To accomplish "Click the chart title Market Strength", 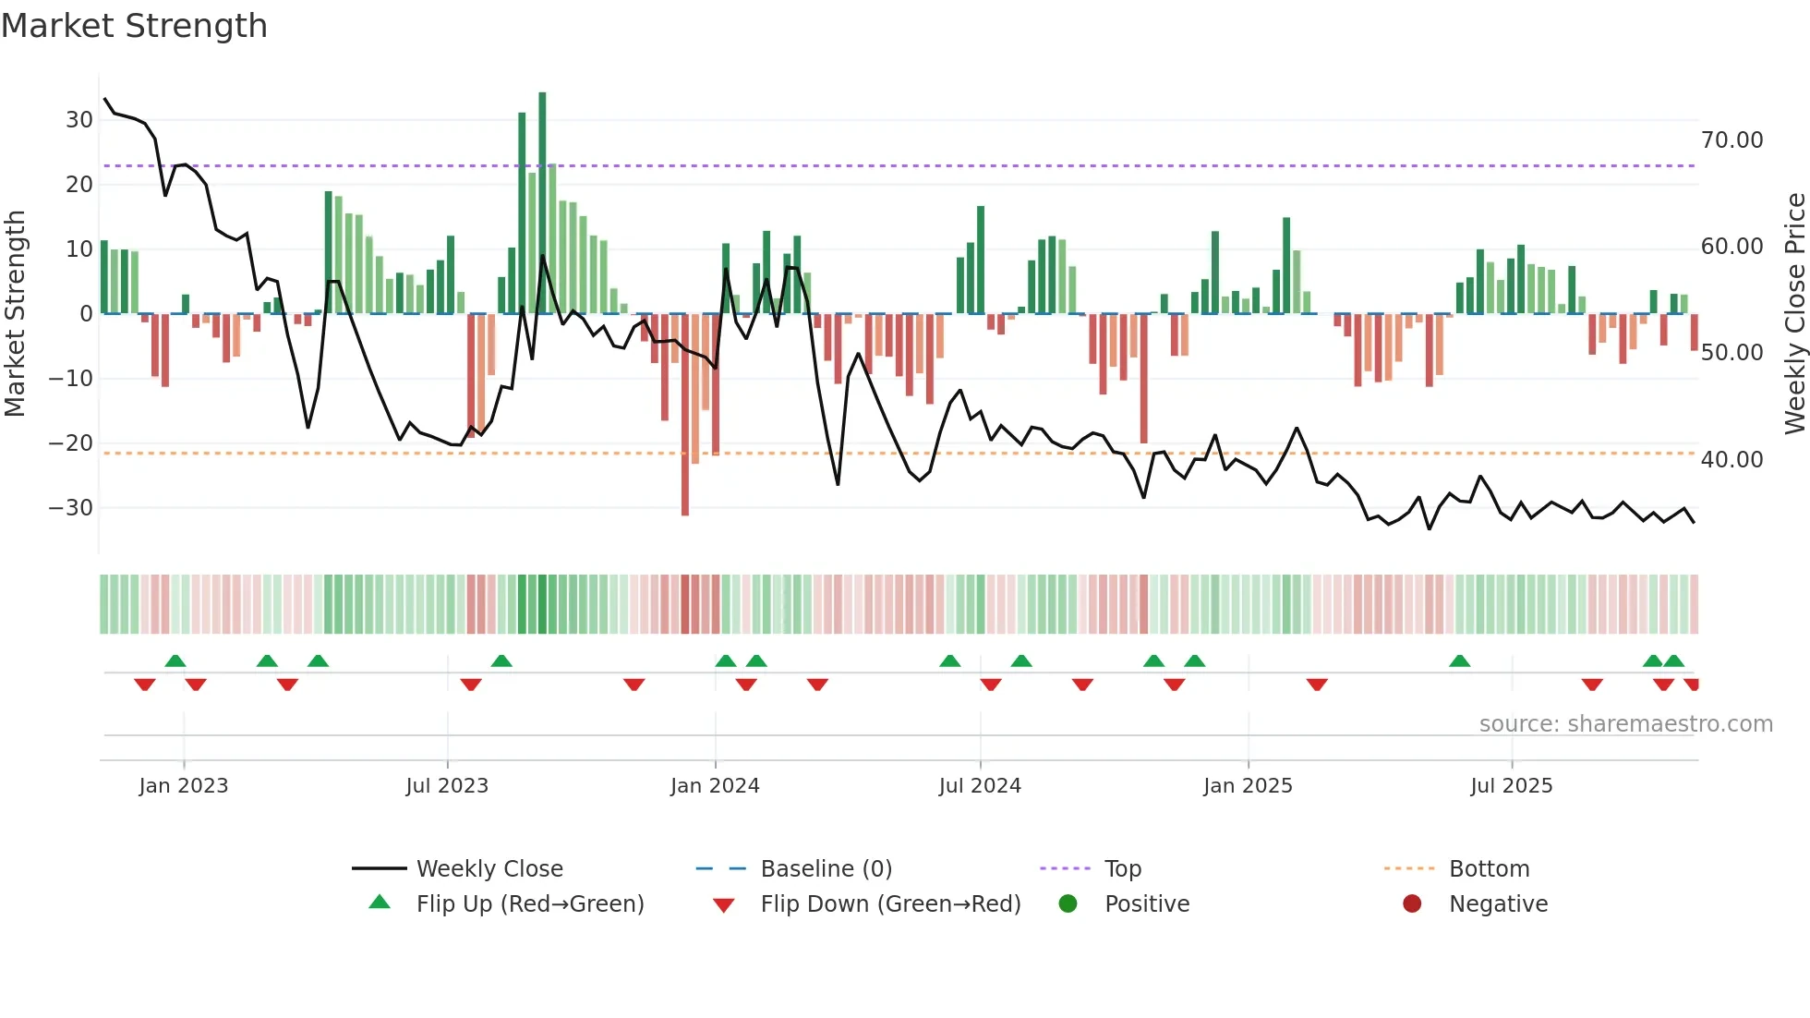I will (134, 26).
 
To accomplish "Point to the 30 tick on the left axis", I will (79, 120).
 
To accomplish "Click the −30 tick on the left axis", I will (71, 508).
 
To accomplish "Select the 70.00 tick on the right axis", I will (1732, 140).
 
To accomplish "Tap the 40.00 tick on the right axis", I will (1732, 460).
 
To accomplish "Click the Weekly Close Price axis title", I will (1794, 314).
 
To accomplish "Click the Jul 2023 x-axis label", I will (447, 786).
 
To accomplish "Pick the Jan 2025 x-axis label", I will (1248, 786).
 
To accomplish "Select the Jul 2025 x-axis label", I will (1511, 786).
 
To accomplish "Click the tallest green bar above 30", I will (542, 203).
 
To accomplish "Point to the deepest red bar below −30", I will (685, 416).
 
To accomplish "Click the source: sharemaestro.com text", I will (1625, 724).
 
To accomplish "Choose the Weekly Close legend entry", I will (489, 869).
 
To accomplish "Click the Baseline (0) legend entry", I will (826, 869).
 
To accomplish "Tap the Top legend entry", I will (1122, 869).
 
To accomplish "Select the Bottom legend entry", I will (1489, 869).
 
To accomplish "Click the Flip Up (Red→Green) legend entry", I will (529, 904).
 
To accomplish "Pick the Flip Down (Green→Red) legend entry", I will (890, 904).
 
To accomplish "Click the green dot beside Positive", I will (1068, 904).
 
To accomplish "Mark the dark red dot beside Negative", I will (1412, 904).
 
